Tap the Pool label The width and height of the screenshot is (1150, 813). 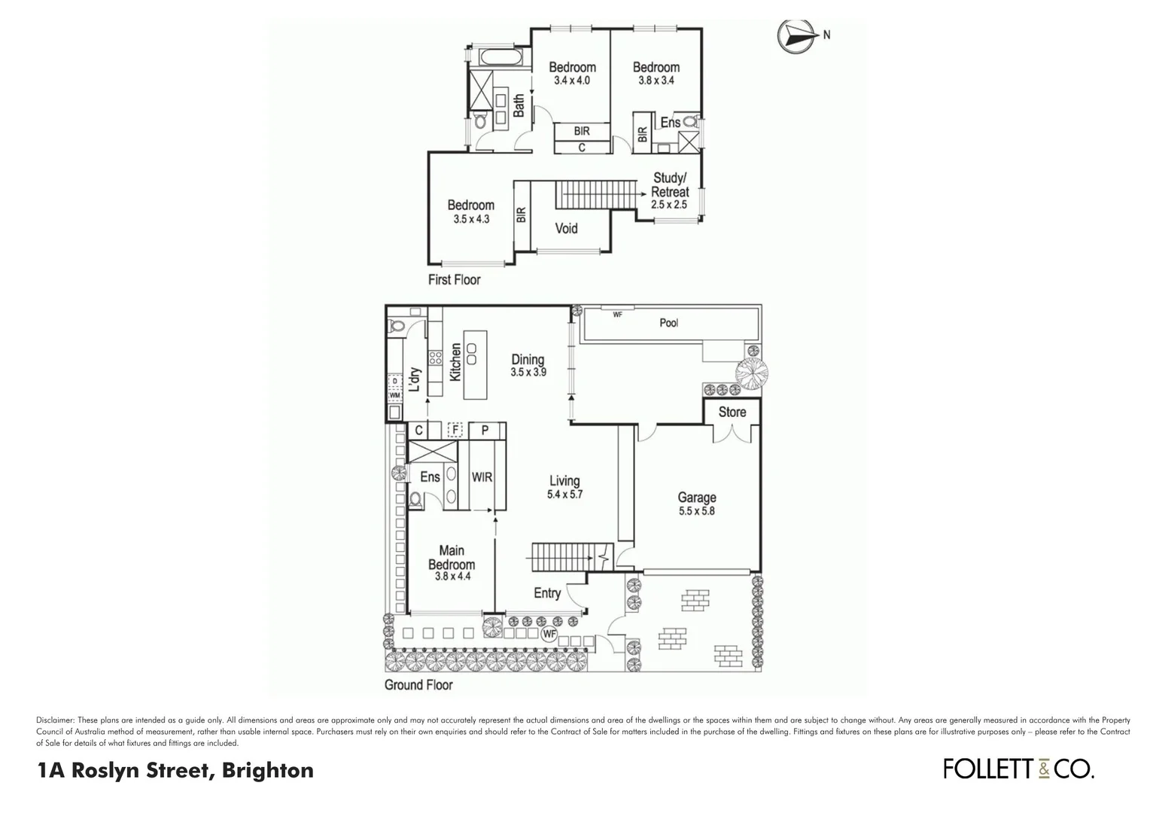tap(668, 323)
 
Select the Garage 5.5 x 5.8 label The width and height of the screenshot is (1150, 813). tap(696, 503)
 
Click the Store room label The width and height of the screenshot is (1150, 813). tap(732, 413)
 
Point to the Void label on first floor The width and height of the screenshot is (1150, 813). tap(566, 228)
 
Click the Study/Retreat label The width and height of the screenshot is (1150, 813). tap(669, 190)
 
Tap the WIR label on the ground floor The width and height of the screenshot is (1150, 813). tap(482, 477)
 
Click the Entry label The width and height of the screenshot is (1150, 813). tap(547, 593)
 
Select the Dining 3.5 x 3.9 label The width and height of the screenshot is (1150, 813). tap(528, 365)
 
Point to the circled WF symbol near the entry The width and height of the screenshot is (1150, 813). tap(549, 635)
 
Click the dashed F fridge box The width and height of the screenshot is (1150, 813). tap(454, 431)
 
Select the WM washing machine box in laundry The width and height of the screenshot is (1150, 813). tap(394, 394)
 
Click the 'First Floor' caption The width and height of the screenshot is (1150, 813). tap(454, 280)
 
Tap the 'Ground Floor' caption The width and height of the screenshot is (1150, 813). tap(418, 685)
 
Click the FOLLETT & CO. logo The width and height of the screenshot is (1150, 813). tap(1018, 769)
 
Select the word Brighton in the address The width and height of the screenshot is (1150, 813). tap(266, 771)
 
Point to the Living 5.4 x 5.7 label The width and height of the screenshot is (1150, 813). tap(564, 487)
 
